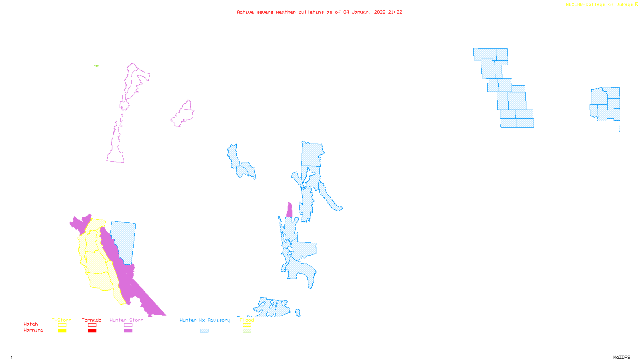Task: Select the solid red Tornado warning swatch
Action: (92, 330)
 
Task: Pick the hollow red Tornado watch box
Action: (92, 325)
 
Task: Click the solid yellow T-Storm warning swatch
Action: (62, 330)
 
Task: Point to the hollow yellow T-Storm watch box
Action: (62, 325)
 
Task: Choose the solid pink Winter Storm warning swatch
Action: (128, 330)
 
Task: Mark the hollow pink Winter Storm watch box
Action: (128, 325)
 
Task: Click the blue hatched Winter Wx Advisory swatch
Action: (204, 330)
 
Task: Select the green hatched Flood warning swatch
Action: (247, 330)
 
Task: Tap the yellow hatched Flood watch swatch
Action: (247, 325)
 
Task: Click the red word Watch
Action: (31, 324)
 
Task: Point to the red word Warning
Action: (33, 330)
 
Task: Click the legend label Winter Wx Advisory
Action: (205, 320)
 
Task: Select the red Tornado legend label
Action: (92, 320)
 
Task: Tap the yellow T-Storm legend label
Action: (62, 320)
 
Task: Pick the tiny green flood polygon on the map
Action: (96, 66)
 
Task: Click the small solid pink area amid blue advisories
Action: (289, 210)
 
